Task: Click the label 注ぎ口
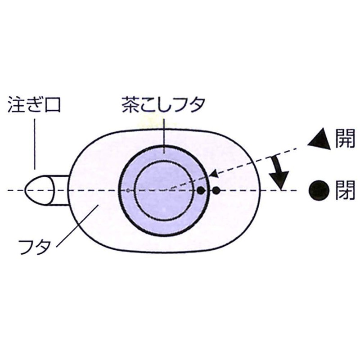(x=34, y=104)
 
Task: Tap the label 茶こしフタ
(x=163, y=105)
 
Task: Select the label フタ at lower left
(x=35, y=247)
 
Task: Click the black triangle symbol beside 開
(x=319, y=140)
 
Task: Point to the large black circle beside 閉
(x=319, y=190)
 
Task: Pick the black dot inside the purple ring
(x=201, y=190)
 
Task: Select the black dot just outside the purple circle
(x=216, y=190)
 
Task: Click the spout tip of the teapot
(x=25, y=190)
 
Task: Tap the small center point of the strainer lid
(x=128, y=190)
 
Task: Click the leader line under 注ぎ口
(x=35, y=144)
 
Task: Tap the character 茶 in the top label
(x=130, y=105)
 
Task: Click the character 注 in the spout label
(x=16, y=104)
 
